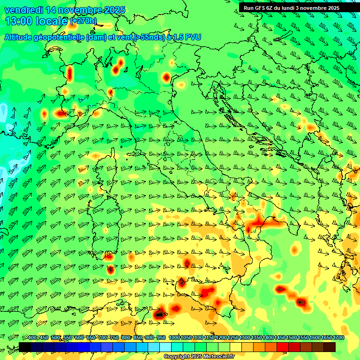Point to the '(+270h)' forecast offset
click(x=83, y=21)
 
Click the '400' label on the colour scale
click(x=32, y=338)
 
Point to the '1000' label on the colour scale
click(x=174, y=338)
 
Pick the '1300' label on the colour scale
click(x=245, y=338)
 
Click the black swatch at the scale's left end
click(x=25, y=347)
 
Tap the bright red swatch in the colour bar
click(x=283, y=347)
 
